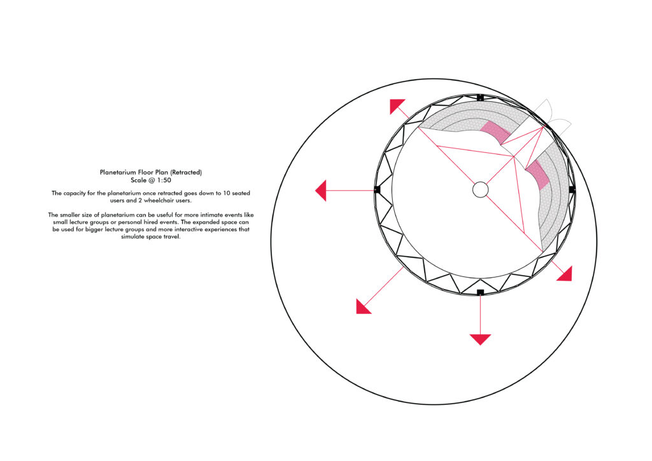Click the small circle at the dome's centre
pos(480,190)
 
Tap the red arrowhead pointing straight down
pos(480,339)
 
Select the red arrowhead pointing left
pos(321,191)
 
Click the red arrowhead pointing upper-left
pos(396,105)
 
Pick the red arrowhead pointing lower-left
pos(362,307)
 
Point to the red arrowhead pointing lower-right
pos(566,275)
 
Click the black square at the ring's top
pos(480,97)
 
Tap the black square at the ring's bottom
pos(480,292)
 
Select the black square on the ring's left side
pos(377,190)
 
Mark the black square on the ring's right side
pos(572,190)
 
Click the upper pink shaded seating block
pos(495,132)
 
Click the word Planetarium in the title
pos(118,172)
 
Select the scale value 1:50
pos(164,180)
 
